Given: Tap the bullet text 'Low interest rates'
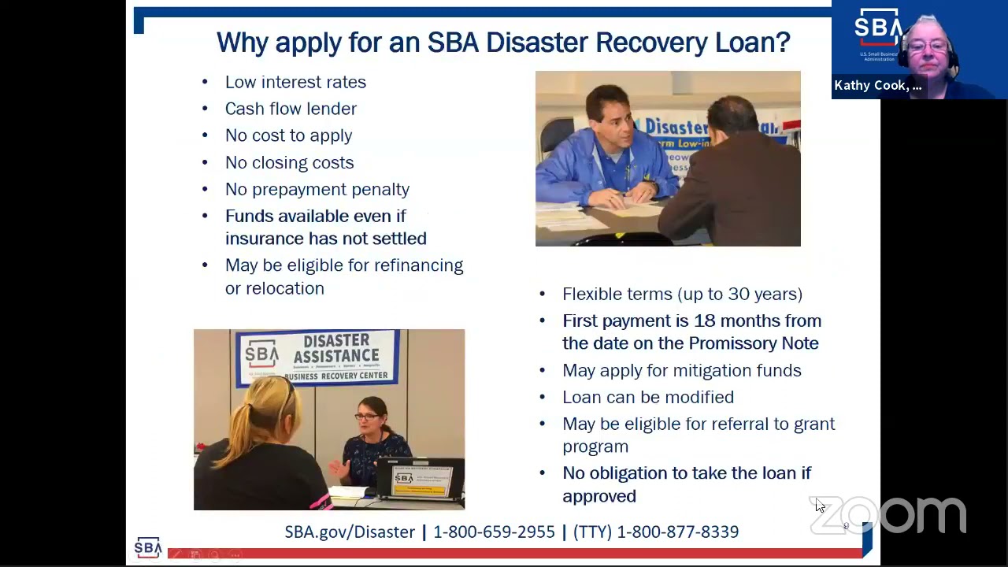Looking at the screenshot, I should [x=295, y=82].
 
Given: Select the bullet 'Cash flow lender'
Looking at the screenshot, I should [x=291, y=109].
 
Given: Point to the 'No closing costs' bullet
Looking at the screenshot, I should [x=289, y=162].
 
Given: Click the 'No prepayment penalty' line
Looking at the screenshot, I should [x=317, y=189].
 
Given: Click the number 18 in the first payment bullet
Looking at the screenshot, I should [x=703, y=321].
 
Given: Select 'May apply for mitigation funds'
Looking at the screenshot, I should [x=681, y=370].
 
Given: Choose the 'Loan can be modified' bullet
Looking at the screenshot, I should [x=647, y=397].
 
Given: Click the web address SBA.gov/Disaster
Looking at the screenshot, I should [x=350, y=532].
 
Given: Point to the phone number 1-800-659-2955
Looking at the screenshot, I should [x=494, y=532].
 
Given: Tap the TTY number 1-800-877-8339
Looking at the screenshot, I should [x=677, y=532].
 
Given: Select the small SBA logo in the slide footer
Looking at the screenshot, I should [x=147, y=547].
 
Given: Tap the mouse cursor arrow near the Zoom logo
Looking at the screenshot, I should [x=819, y=505].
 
